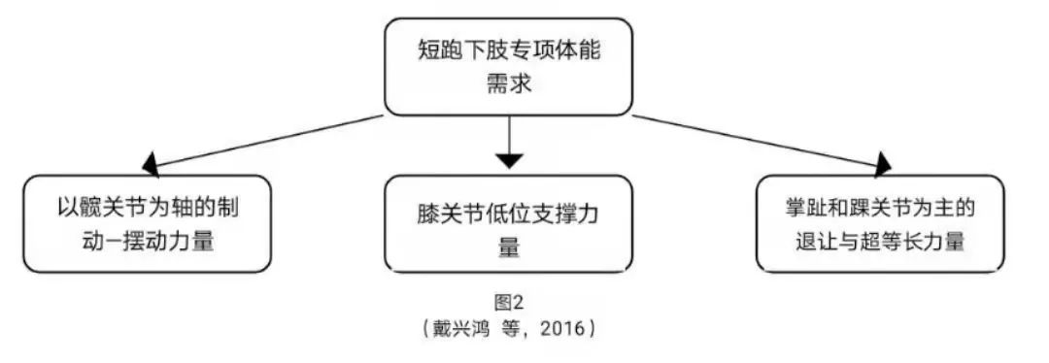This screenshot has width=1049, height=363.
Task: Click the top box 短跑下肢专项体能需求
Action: [x=508, y=67]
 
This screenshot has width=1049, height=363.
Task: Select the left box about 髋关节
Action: [x=148, y=223]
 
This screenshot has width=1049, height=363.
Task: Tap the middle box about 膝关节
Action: [x=508, y=223]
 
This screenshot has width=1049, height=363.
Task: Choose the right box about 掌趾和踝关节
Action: [x=880, y=223]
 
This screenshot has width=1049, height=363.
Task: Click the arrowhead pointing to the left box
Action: [x=150, y=164]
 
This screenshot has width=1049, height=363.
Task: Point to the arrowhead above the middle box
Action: [x=509, y=160]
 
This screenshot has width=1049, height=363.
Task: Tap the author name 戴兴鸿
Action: [x=462, y=329]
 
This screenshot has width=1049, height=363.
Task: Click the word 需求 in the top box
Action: [x=509, y=84]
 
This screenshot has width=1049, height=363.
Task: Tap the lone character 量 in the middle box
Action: [x=509, y=247]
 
